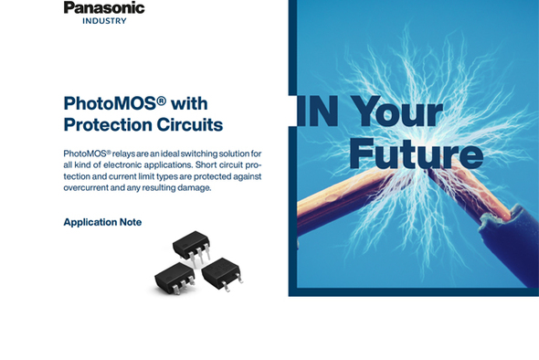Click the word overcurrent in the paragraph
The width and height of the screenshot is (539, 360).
tap(92, 187)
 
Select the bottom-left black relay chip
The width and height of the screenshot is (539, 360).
tap(173, 275)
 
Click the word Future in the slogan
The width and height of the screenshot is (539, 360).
tap(416, 154)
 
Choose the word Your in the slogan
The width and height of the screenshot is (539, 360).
tap(398, 111)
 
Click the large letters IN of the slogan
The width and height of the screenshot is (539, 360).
tap(318, 111)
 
